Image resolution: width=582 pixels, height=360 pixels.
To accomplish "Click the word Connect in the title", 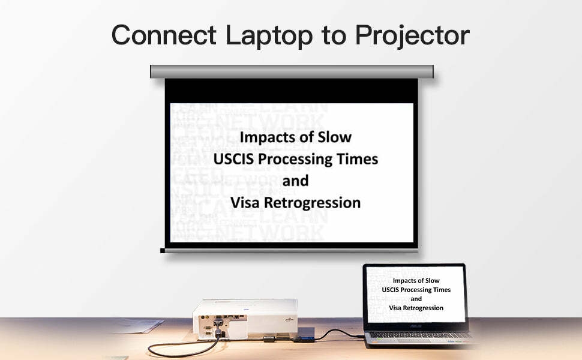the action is [x=164, y=35].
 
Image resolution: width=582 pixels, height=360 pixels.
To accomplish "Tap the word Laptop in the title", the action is [x=269, y=36].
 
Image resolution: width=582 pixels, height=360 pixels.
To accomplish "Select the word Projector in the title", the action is [x=412, y=36].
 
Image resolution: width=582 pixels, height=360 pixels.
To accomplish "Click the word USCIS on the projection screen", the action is [x=233, y=159].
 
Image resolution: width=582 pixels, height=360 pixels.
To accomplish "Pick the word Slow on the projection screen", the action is [x=334, y=137].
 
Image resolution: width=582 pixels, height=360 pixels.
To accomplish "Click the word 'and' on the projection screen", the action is [x=295, y=181].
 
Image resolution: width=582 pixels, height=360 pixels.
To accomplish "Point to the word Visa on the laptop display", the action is [x=395, y=308].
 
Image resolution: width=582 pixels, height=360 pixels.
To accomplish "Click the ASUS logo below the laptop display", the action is [x=416, y=326].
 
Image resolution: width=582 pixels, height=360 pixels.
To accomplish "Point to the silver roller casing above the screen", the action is [x=292, y=71].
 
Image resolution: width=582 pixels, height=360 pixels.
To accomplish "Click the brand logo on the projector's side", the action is [x=289, y=319].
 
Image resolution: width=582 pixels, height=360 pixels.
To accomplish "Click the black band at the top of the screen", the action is [x=292, y=91].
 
